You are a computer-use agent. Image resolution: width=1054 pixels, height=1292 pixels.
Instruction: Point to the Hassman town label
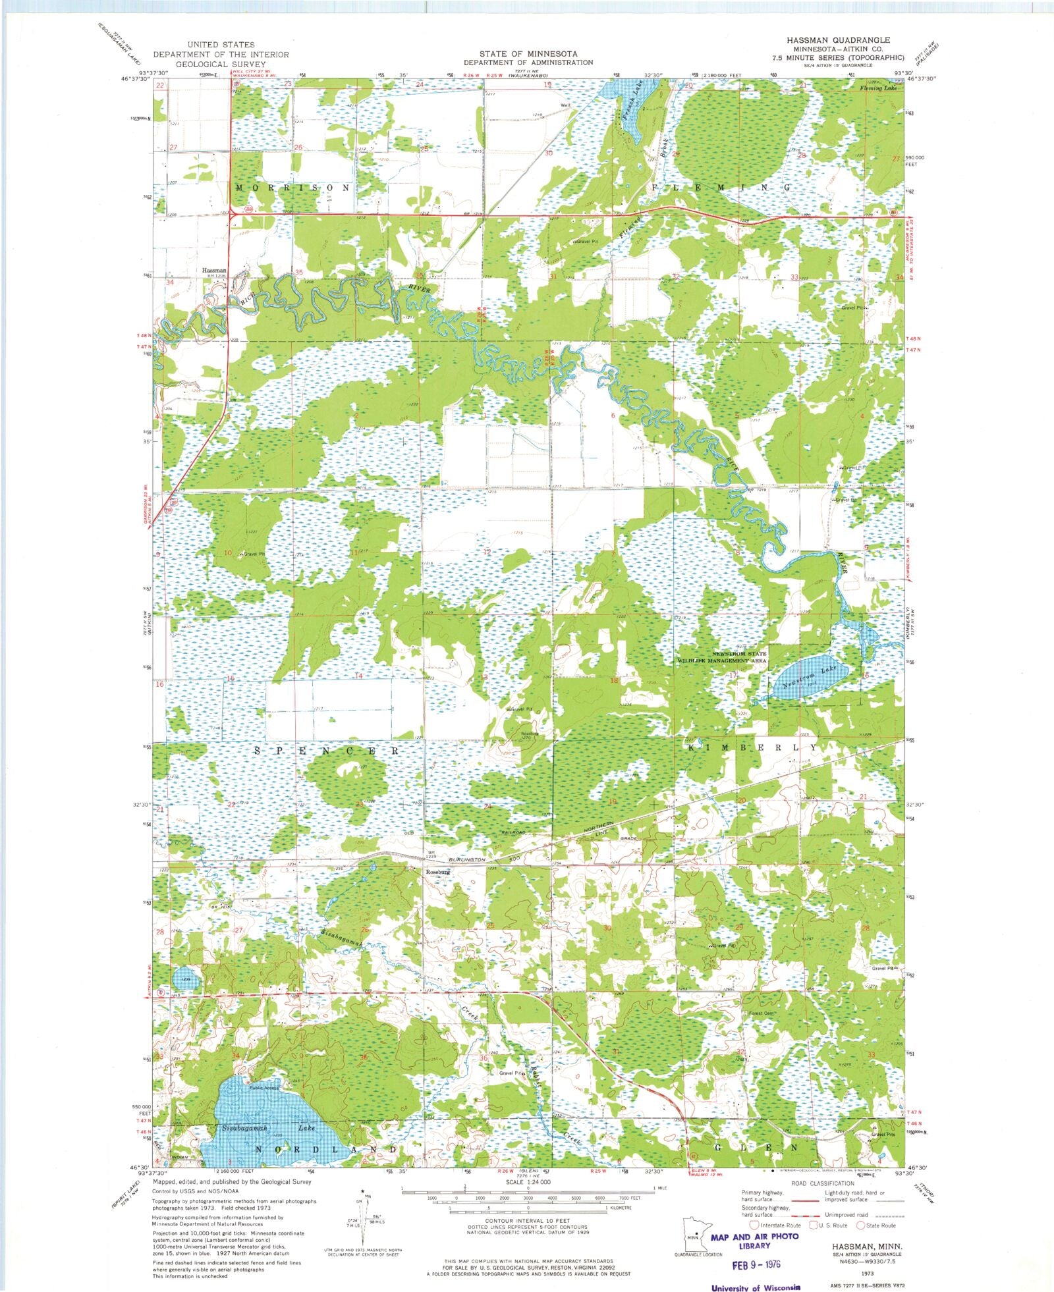tap(214, 271)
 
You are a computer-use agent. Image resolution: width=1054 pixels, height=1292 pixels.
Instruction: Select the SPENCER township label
tap(326, 751)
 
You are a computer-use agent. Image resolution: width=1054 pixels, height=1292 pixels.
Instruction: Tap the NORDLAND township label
tap(325, 1149)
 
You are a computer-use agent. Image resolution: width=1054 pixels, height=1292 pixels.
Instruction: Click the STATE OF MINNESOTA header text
tap(528, 53)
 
